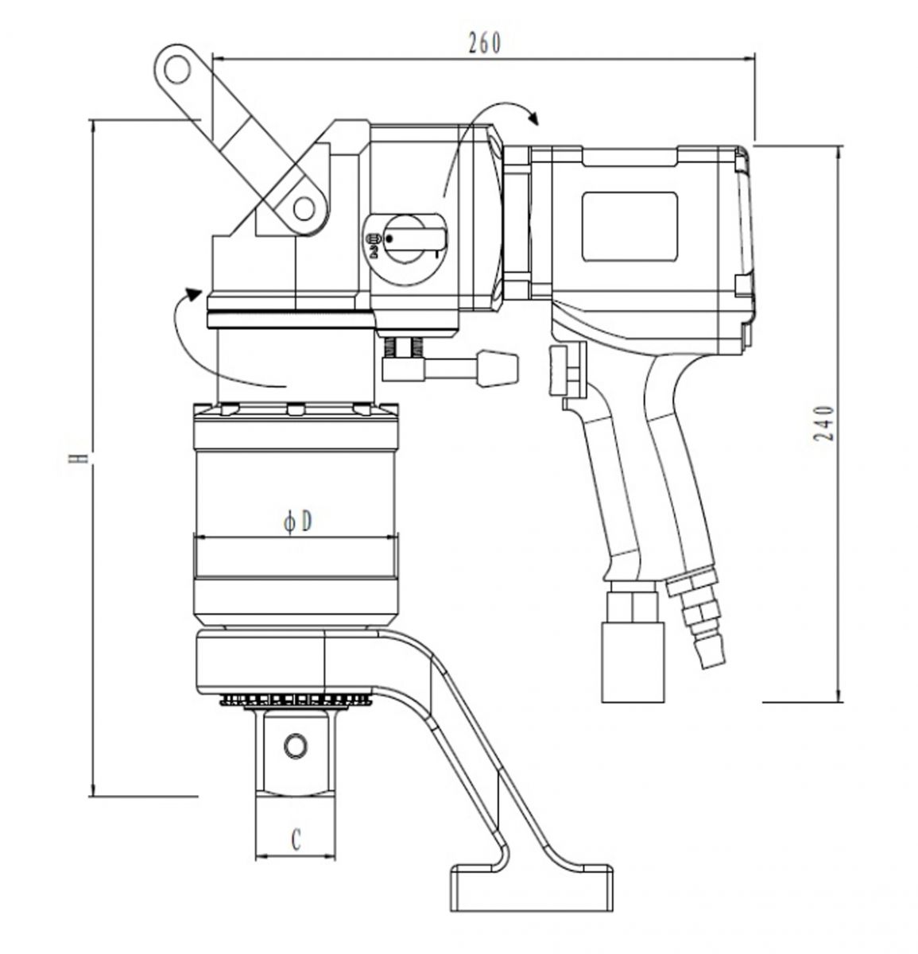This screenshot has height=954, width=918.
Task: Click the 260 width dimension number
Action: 484,43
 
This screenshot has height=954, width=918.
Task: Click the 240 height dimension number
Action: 823,423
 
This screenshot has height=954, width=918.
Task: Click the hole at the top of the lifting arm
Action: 176,70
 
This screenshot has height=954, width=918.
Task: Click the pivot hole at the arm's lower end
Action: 304,209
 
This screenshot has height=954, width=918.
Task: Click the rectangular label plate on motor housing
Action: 629,226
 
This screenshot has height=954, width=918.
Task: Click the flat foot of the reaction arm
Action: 531,888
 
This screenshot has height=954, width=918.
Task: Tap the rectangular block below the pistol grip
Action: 633,663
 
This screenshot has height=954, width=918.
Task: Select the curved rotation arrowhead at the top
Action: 534,118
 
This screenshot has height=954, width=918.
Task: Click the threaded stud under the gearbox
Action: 404,348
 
